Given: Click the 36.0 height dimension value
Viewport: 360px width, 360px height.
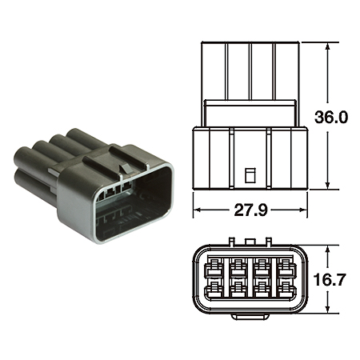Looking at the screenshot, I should (332, 118).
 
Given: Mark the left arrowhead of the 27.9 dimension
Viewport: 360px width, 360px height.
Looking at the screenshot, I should (197, 212).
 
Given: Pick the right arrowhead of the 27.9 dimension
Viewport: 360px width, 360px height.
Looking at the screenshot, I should (305, 212).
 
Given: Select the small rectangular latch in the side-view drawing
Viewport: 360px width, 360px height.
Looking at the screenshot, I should (250, 174).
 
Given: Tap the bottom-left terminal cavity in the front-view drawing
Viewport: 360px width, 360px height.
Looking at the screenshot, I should (215, 290).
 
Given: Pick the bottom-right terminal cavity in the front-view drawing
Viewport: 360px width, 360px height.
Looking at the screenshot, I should (286, 290).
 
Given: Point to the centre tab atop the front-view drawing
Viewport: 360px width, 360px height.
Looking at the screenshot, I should (250, 239).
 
